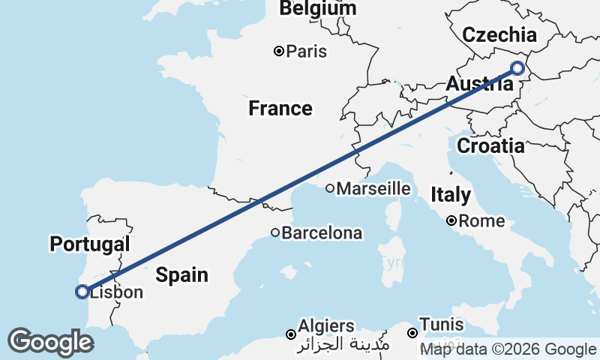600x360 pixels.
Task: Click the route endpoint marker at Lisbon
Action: click(x=82, y=292)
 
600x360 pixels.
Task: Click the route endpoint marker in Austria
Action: click(x=517, y=68)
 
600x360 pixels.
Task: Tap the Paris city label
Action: click(x=307, y=52)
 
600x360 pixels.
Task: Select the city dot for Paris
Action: click(x=279, y=52)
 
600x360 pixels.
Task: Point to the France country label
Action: click(x=280, y=109)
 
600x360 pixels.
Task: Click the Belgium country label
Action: click(x=318, y=8)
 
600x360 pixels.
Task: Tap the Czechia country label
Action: click(x=499, y=34)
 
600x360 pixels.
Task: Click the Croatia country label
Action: click(x=490, y=146)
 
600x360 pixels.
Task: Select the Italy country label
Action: click(x=451, y=196)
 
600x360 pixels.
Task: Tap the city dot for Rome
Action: click(x=451, y=221)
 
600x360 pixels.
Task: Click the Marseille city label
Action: click(x=373, y=189)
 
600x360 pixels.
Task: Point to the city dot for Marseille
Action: click(x=329, y=189)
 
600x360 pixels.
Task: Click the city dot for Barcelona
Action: click(x=275, y=233)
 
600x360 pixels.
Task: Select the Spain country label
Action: click(x=182, y=274)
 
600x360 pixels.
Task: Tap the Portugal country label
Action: click(x=90, y=244)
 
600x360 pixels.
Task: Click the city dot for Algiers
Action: click(x=291, y=334)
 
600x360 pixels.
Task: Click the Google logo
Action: click(x=50, y=342)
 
